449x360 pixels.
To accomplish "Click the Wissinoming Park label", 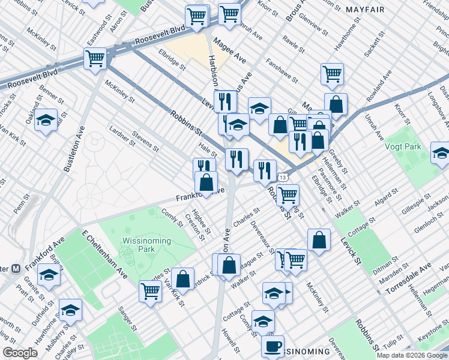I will coord(146,245).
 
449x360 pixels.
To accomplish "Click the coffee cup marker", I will coord(273,347).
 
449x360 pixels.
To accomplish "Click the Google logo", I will coord(20,353).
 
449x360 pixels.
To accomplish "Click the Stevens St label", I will coord(146,142).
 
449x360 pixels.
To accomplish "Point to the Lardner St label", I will coord(123,136).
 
